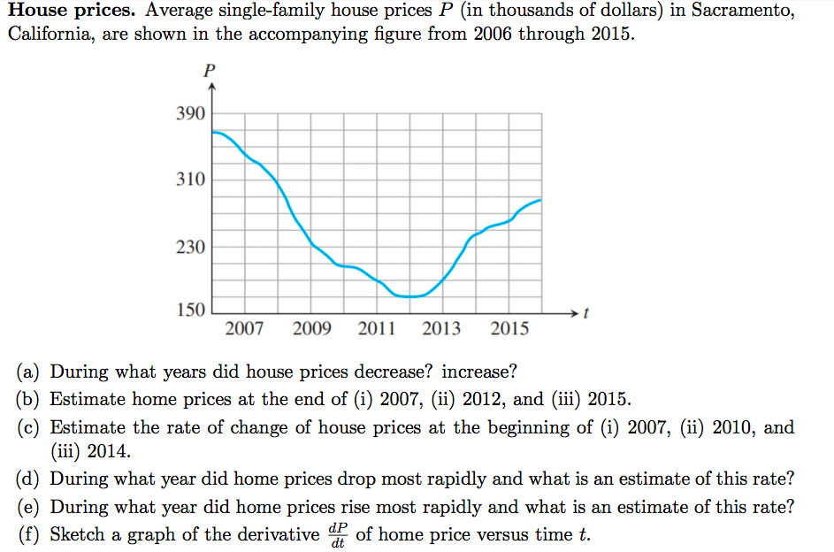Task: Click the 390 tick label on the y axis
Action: [190, 114]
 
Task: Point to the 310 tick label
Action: [190, 180]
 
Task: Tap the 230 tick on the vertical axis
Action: [190, 246]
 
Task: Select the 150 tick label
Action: [190, 311]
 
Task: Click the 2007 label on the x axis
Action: [244, 330]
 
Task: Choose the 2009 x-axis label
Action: [311, 330]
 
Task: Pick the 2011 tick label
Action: [377, 330]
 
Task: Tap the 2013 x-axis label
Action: [442, 330]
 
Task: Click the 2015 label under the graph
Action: [509, 330]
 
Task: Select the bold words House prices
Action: [71, 12]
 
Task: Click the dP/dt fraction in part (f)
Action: [337, 535]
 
